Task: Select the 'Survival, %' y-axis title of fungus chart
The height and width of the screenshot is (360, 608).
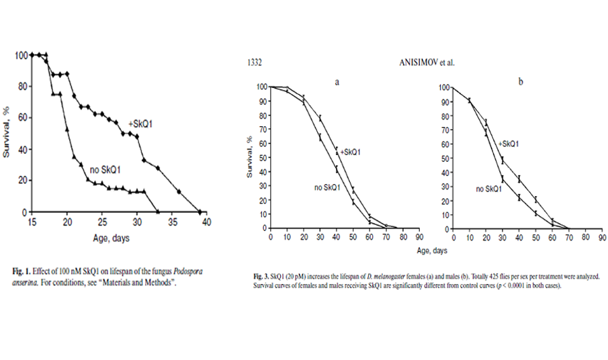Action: coord(7,133)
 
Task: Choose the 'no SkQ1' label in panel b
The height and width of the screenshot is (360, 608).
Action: coord(490,189)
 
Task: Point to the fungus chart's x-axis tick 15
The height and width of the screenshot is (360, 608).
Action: coord(31,222)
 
